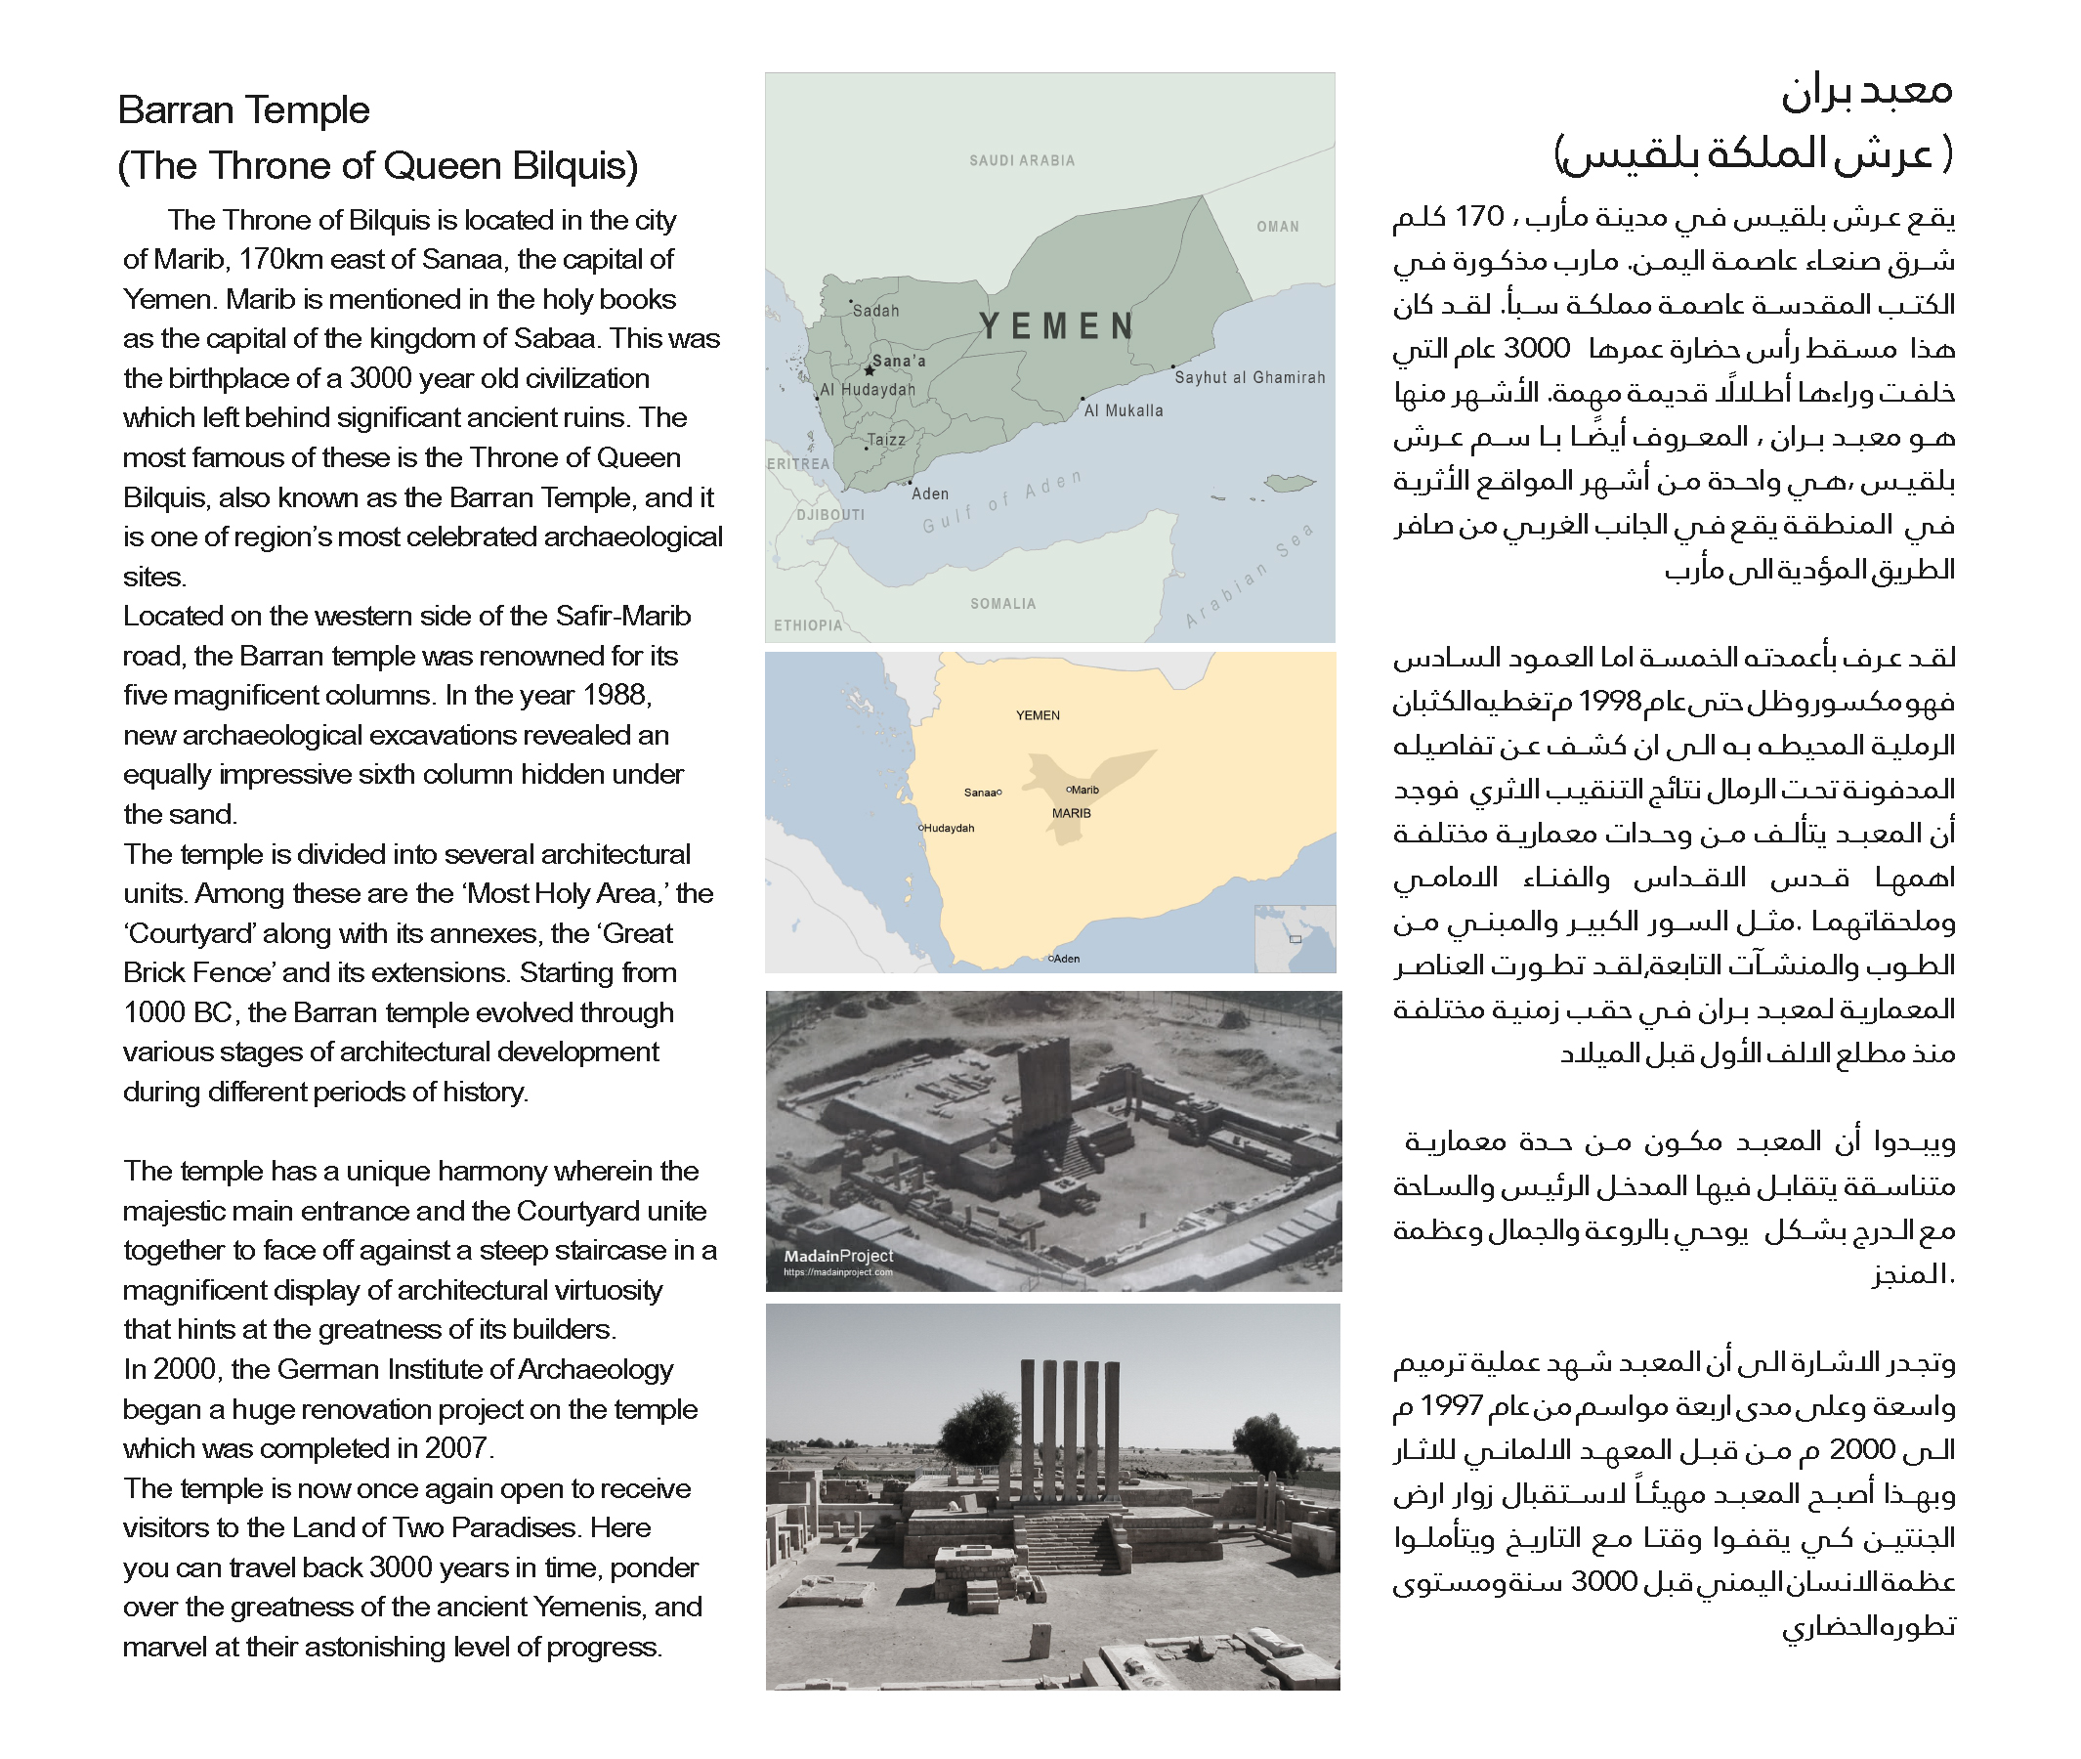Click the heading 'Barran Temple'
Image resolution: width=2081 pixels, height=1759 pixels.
pyautogui.click(x=243, y=109)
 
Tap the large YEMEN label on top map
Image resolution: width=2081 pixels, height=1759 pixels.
pyautogui.click(x=1057, y=326)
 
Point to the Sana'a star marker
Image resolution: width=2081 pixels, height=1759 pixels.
pyautogui.click(x=869, y=370)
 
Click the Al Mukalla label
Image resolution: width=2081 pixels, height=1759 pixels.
pyautogui.click(x=1124, y=410)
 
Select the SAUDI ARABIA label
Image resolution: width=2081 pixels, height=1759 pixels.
pyautogui.click(x=1022, y=160)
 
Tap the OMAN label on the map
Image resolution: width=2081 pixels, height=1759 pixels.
pyautogui.click(x=1277, y=227)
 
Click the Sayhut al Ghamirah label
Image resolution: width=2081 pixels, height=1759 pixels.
pyautogui.click(x=1250, y=378)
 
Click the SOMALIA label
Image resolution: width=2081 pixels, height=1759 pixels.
pyautogui.click(x=1003, y=603)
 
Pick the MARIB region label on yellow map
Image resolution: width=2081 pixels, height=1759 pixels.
pyautogui.click(x=1071, y=814)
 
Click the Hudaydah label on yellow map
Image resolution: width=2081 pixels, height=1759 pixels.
pyautogui.click(x=949, y=828)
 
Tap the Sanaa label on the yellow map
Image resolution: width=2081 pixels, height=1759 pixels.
pyautogui.click(x=980, y=793)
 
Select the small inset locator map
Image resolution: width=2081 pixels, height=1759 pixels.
pyautogui.click(x=1295, y=937)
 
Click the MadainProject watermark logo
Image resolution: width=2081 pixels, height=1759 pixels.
pyautogui.click(x=837, y=1258)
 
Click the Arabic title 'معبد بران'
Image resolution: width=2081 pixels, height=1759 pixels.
pyautogui.click(x=1866, y=92)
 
